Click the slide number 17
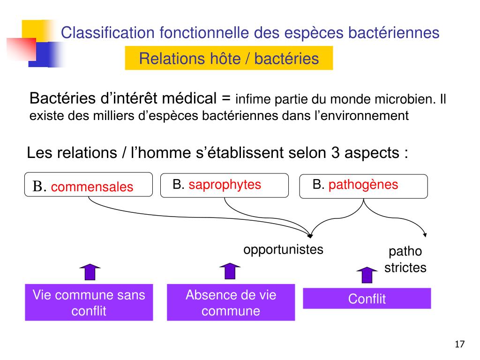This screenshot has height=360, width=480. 459,345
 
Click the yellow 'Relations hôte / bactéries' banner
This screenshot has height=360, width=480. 229,59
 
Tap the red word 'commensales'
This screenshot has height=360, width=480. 92,187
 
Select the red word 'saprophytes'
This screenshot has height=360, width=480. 225,185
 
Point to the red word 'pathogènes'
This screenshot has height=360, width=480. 363,185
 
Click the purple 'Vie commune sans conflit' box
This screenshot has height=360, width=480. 89,302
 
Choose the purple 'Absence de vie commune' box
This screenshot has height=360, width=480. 231,302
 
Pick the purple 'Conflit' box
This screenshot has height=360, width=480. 367,299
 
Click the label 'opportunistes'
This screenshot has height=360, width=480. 283,249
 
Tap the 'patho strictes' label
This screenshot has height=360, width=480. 405,260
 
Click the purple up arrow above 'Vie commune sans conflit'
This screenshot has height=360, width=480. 90,272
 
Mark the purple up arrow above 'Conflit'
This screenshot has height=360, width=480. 367,275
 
